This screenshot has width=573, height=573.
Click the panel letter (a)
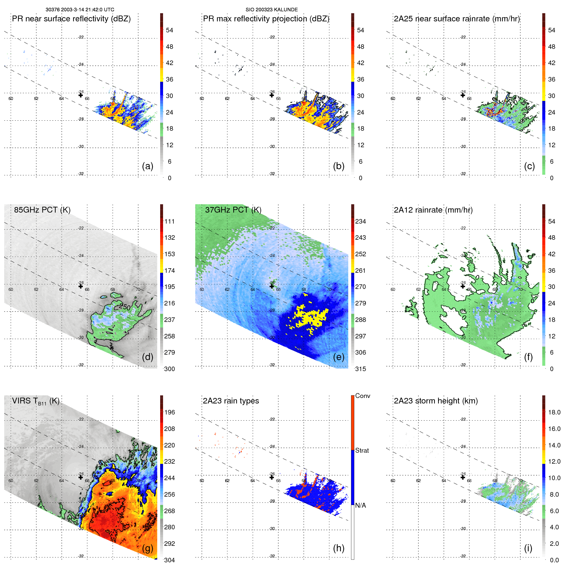point(148,166)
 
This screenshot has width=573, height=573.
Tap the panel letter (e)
point(338,357)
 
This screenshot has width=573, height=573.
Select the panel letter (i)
point(528,548)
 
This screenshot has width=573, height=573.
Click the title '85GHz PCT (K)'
point(42,210)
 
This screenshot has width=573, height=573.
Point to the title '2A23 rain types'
point(231,401)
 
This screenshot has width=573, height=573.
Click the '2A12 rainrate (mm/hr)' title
point(433,210)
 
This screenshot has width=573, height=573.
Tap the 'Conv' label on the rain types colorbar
point(363,396)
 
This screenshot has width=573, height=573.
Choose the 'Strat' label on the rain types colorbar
point(362,450)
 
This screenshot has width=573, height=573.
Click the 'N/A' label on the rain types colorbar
point(361,505)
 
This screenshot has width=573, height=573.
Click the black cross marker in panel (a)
point(81,95)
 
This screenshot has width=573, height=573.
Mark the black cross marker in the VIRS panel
point(81,477)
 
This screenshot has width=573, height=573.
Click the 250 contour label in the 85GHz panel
point(125,307)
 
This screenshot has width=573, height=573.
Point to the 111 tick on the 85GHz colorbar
point(170,221)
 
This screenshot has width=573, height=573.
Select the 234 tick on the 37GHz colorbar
point(360,221)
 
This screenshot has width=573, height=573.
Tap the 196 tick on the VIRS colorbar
point(170,412)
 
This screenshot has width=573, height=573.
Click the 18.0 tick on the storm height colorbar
point(554,412)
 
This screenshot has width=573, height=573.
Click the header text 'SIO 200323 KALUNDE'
point(271,10)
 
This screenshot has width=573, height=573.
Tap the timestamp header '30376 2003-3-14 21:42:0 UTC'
point(80,10)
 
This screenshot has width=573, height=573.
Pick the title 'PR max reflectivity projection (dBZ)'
point(266,19)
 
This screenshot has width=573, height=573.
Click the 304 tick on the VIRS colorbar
point(170,560)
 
